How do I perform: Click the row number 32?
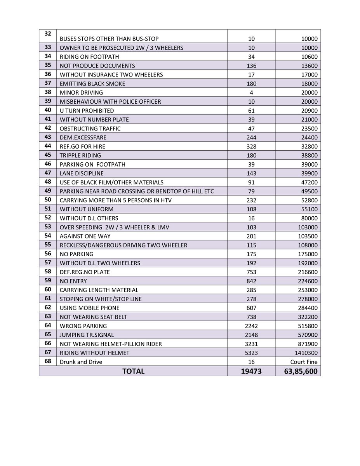click(x=48, y=34)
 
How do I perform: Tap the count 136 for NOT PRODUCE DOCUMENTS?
click(x=251, y=66)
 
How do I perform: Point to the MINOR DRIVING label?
click(x=81, y=92)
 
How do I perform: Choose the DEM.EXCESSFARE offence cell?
click(x=83, y=137)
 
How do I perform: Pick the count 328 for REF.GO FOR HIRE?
click(x=251, y=146)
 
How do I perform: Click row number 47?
click(x=48, y=173)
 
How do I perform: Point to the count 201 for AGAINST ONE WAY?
click(x=251, y=236)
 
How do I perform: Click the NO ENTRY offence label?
click(x=73, y=281)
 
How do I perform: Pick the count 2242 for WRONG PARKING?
click(x=251, y=326)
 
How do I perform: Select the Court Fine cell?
click(x=304, y=362)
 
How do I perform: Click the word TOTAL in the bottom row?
click(x=133, y=371)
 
